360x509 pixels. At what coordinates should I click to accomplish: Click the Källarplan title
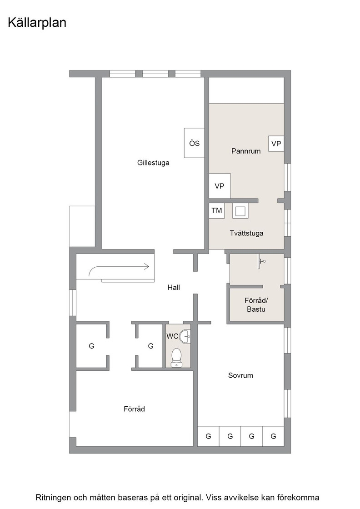pos(37,23)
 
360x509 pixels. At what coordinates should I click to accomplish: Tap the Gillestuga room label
pos(153,163)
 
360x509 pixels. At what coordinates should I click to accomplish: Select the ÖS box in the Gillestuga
pos(194,143)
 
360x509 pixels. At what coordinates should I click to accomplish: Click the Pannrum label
pos(246,151)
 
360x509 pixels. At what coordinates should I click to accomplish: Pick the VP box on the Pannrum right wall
pos(276,144)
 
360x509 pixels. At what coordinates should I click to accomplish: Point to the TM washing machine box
pos(216,210)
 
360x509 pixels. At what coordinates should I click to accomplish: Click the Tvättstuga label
pos(246,233)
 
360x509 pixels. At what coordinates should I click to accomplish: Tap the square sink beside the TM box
pos(240,211)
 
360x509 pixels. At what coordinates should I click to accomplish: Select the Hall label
pos(174,287)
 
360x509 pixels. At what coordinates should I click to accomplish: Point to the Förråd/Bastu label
pos(256,304)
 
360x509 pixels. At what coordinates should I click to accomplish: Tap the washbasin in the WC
pos(185,336)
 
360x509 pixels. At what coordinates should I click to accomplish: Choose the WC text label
pos(172,336)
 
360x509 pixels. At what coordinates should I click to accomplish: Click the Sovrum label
pos(240,375)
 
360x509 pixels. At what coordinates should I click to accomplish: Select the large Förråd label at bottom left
pos(134,409)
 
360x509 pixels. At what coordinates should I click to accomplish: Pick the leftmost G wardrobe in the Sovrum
pos(208,436)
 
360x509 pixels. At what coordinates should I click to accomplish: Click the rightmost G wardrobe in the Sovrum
pos(273,436)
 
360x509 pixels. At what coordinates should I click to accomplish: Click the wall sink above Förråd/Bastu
pos(262,261)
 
